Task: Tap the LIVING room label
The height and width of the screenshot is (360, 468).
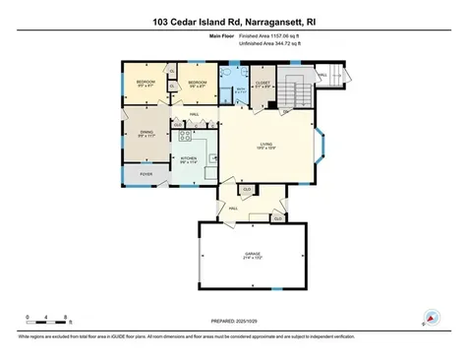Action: coord(264,145)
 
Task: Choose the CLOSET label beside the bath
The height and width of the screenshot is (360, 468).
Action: coord(263,83)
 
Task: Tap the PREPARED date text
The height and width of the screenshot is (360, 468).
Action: coord(233,321)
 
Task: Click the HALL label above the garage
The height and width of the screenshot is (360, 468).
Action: coord(235,208)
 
